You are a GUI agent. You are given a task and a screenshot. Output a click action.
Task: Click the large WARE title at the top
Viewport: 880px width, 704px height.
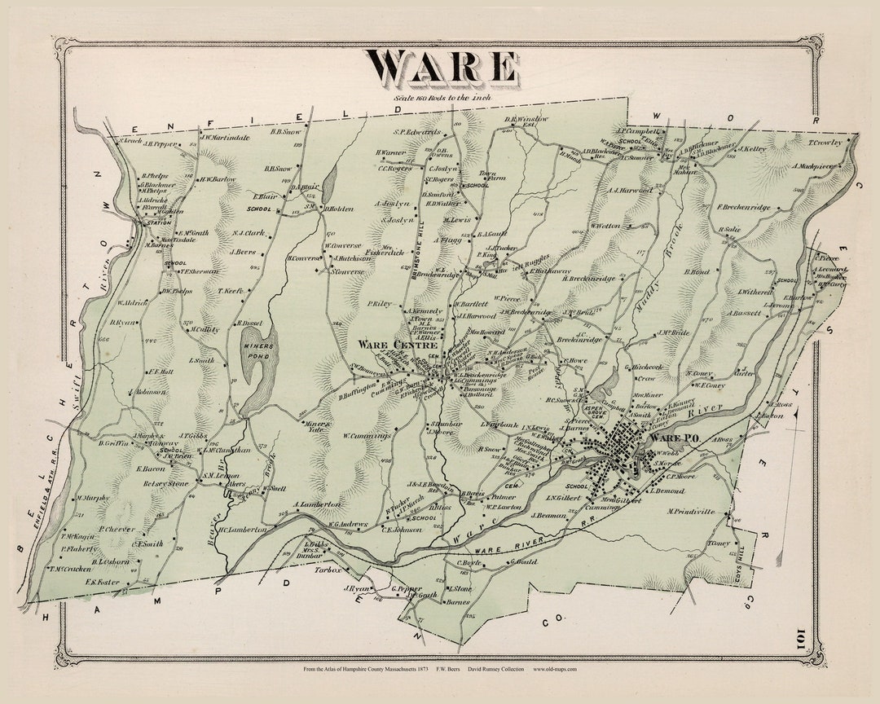pos(442,67)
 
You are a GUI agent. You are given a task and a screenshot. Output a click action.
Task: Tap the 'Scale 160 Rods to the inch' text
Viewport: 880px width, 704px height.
pos(442,97)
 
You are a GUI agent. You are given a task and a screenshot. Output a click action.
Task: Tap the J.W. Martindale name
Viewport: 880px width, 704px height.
pos(224,138)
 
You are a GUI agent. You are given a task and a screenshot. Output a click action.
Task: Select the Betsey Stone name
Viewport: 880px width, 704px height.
pos(166,483)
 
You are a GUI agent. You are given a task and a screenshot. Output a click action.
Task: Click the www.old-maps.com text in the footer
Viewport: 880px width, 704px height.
pos(555,670)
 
